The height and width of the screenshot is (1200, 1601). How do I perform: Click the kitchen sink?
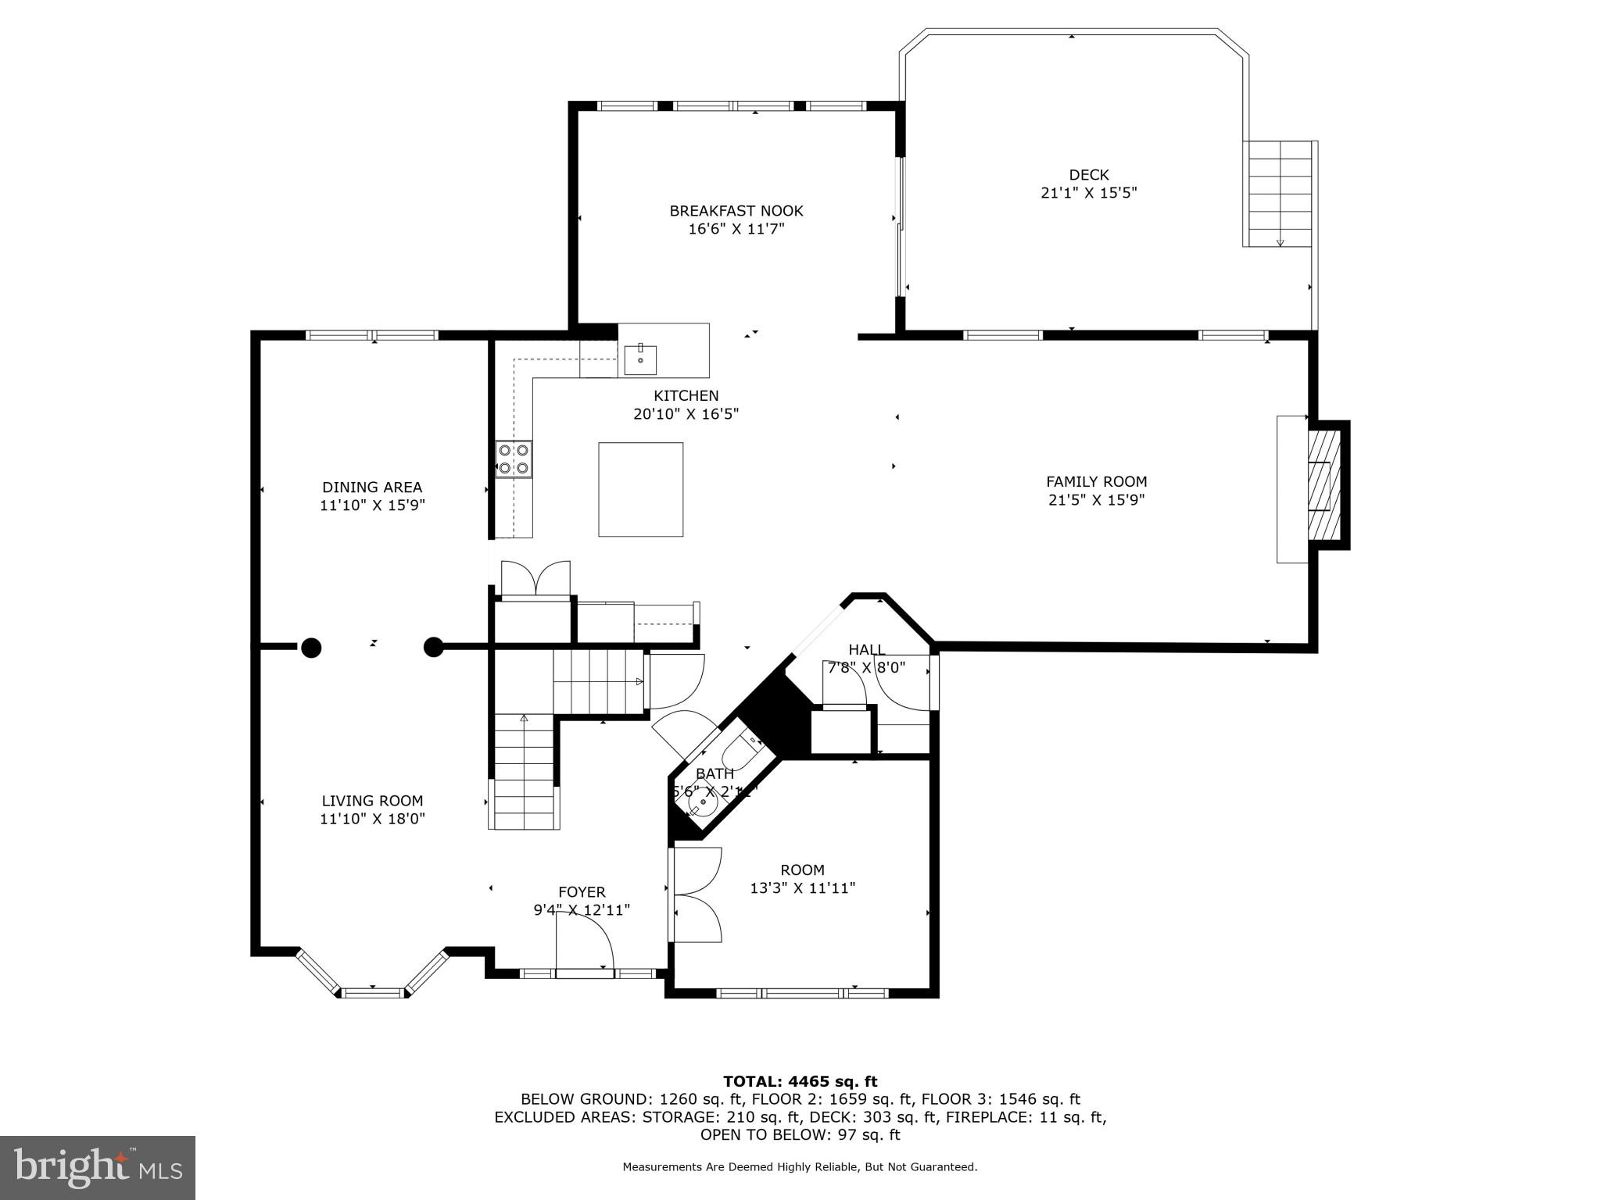pos(639,359)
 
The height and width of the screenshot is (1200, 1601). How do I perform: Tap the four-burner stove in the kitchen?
pos(514,459)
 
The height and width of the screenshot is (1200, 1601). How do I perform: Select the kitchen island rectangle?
pos(640,489)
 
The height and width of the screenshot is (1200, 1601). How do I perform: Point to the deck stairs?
pos(1279,194)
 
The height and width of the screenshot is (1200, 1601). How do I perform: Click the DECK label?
pos(1088,175)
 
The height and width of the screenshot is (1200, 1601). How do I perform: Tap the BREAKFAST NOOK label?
pos(736,211)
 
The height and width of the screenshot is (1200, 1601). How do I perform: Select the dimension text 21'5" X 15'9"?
pos(1096,500)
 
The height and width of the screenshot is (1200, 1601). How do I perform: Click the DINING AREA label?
pos(372,487)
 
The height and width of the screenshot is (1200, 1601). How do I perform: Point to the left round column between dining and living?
pos(311,647)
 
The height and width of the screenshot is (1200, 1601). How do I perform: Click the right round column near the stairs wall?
pos(433,647)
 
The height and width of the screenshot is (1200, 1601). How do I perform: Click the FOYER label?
pos(582,891)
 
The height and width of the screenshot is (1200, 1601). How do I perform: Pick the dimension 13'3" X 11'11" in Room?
pos(802,888)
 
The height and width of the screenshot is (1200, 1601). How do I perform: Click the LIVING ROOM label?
pos(372,801)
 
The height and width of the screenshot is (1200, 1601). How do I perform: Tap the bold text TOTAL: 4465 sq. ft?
pos(800,1081)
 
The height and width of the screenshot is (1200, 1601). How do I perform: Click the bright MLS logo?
pos(98,1167)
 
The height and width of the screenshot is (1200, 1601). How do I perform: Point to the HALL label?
pos(866,650)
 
